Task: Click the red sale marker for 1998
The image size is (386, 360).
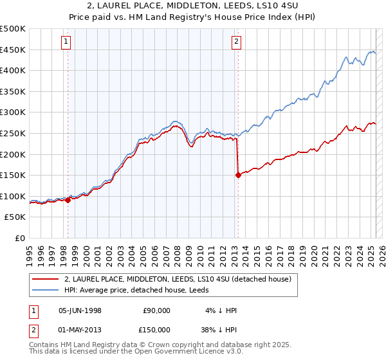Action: [x=68, y=200]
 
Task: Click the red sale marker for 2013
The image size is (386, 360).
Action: [x=238, y=174]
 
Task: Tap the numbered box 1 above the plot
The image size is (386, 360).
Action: [x=67, y=42]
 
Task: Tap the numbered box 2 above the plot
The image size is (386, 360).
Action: [x=237, y=42]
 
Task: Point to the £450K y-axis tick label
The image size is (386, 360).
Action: [x=13, y=50]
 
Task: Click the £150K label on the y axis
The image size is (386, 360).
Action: [x=13, y=175]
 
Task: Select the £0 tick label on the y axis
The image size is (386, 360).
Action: [x=20, y=238]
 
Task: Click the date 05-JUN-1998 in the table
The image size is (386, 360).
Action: [x=80, y=310]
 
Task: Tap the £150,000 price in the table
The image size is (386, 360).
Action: [x=156, y=329]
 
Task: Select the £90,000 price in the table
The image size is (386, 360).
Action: [x=156, y=310]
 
